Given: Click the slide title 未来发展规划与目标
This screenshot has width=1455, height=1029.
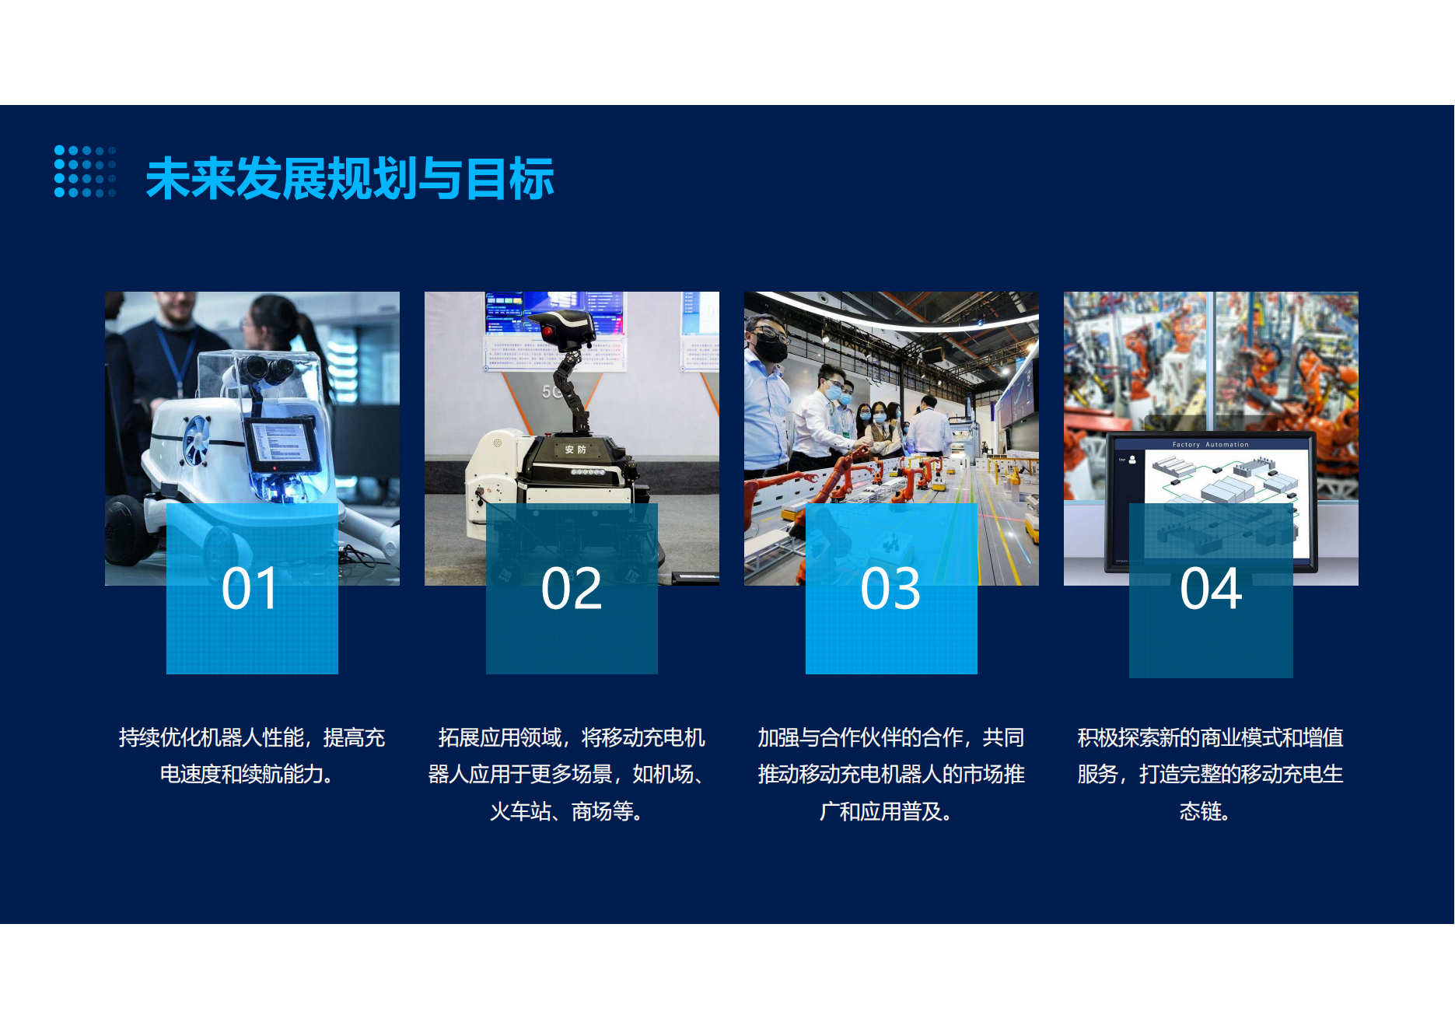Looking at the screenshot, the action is click(350, 178).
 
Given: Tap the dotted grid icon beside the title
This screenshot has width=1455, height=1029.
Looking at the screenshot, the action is click(85, 171).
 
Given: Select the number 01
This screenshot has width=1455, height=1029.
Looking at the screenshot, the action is click(250, 589).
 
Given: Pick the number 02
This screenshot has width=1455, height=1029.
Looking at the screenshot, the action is click(572, 589).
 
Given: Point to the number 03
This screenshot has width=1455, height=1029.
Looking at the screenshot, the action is click(890, 589).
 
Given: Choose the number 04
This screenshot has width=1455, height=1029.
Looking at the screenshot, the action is click(1211, 589).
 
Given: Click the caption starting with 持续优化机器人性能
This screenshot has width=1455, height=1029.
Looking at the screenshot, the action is click(252, 755).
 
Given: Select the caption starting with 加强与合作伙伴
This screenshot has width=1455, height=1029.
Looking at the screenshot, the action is click(891, 774).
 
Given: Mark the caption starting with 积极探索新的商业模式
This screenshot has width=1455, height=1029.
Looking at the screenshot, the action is click(1211, 774).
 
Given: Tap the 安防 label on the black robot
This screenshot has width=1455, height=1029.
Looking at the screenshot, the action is click(575, 450).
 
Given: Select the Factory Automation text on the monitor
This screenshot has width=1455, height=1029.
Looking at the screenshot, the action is click(1211, 445).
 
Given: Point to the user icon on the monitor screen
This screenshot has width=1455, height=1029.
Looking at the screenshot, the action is click(1132, 460).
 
